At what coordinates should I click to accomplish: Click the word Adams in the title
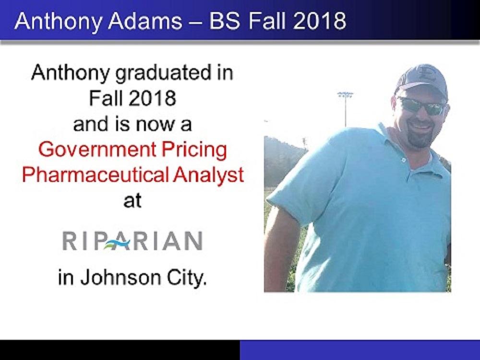(x=145, y=21)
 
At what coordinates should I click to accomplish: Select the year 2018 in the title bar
(x=320, y=21)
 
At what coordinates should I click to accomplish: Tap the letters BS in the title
(x=224, y=21)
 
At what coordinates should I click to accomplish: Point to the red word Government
(x=97, y=150)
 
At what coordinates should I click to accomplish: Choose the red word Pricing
(x=194, y=150)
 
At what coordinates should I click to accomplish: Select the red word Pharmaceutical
(x=95, y=175)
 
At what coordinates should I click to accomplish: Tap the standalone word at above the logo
(x=132, y=201)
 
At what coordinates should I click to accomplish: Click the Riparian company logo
(x=132, y=241)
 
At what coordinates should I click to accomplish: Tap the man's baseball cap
(x=422, y=80)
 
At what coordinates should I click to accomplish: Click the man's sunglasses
(x=422, y=106)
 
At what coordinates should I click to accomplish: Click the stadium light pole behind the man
(x=346, y=108)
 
